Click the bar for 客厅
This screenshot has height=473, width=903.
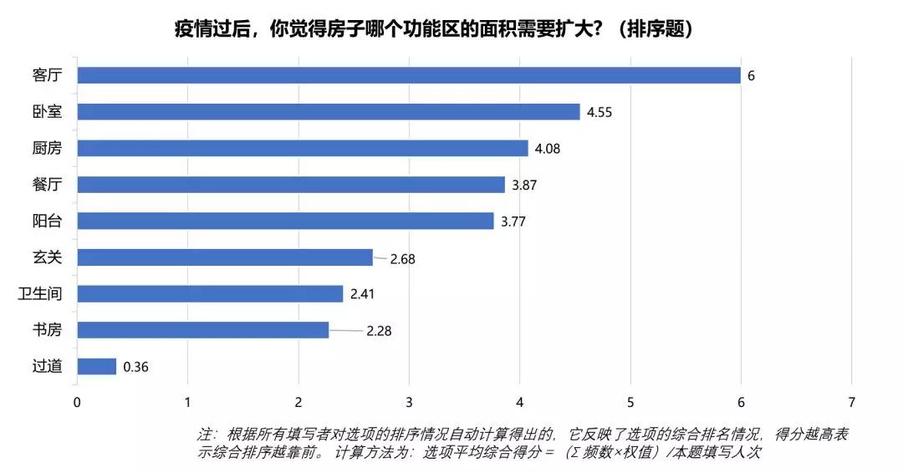409,75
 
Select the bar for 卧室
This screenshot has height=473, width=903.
328,112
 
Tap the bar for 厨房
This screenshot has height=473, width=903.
303,148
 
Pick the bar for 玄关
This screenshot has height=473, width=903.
225,257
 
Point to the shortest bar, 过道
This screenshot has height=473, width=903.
96,366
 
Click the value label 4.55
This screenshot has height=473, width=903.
599,112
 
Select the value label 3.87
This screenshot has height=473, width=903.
524,185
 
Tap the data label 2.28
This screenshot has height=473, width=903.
379,331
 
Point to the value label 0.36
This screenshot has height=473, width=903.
135,367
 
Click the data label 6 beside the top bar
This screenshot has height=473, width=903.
751,76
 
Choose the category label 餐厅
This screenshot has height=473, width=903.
47,185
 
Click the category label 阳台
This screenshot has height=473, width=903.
47,221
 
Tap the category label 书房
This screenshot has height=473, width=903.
47,330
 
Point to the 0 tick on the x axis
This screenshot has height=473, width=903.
77,402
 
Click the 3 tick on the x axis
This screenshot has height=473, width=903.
409,402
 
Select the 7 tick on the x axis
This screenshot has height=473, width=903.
851,402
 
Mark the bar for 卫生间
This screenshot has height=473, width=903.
210,293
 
